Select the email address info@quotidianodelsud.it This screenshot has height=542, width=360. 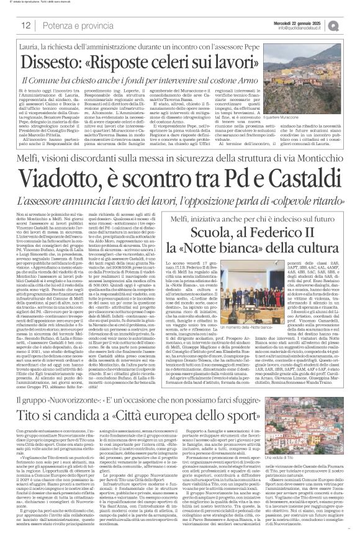(x=307, y=28)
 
